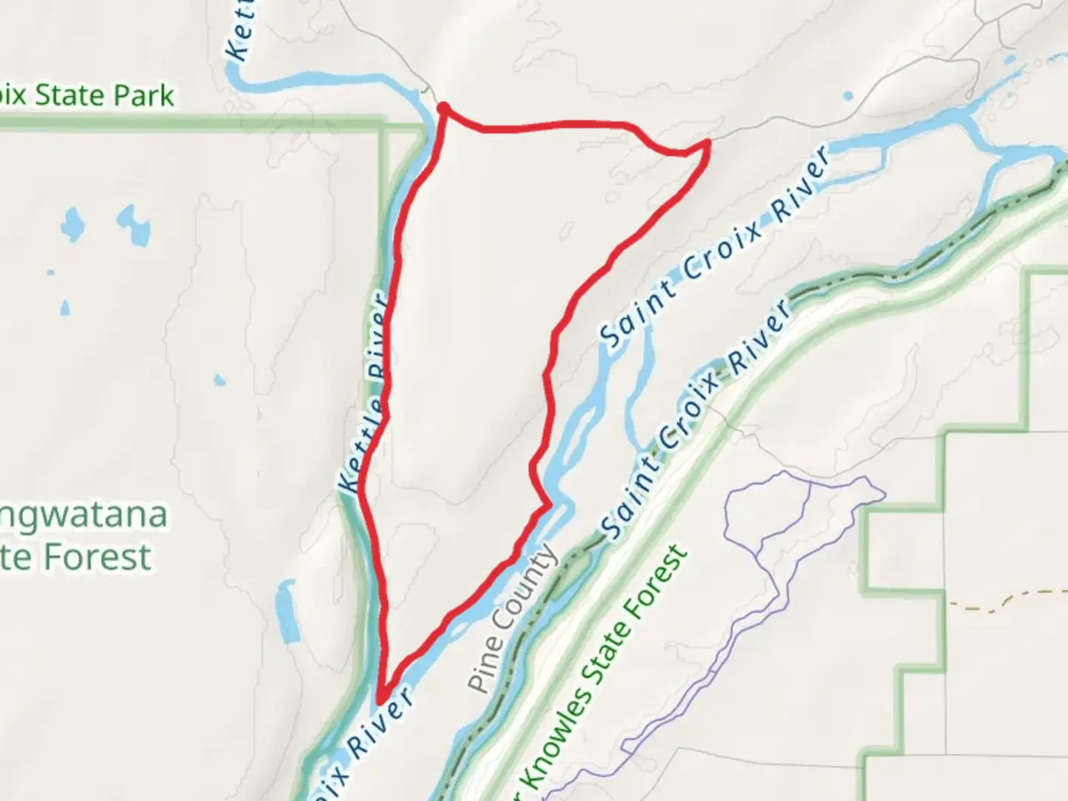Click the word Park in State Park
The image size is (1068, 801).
(x=145, y=96)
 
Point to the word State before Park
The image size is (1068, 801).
(x=74, y=96)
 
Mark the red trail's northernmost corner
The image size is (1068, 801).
(x=443, y=108)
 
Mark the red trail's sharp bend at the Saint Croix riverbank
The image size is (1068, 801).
(x=548, y=506)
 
